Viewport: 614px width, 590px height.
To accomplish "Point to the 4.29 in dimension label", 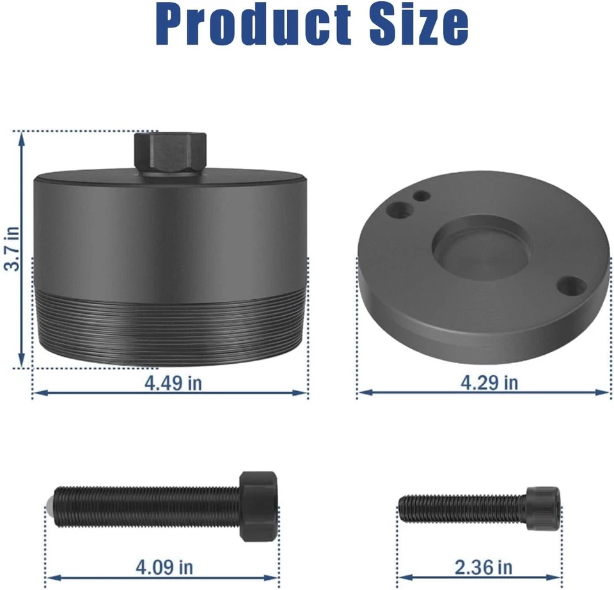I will tap(489, 383).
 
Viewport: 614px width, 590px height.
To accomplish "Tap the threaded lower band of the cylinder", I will tap(170, 326).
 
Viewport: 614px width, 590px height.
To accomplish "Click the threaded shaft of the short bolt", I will tap(460, 506).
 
